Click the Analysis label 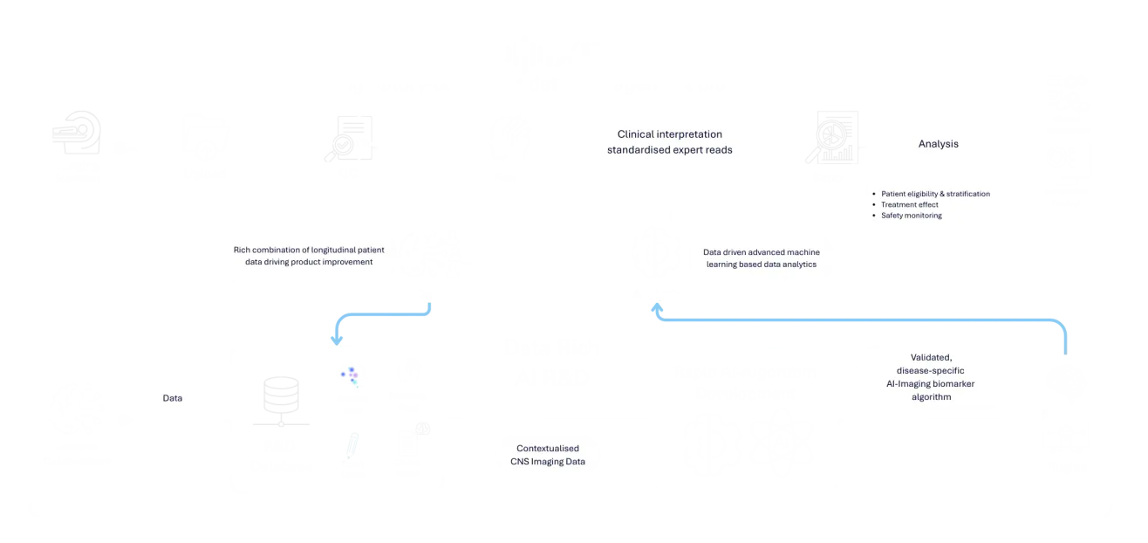tap(938, 144)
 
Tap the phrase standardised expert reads tap(669, 149)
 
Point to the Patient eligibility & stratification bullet tap(935, 194)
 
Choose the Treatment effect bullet tap(910, 204)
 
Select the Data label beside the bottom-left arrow tap(173, 397)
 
